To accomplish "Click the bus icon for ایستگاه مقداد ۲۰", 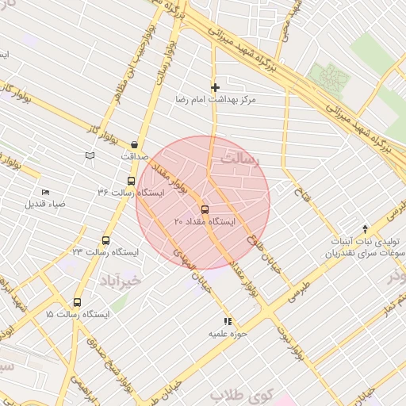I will [x=205, y=210].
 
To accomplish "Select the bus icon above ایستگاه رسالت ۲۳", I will [x=105, y=241].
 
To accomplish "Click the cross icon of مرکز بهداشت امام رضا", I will [x=215, y=87].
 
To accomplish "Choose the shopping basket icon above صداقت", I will [x=134, y=144].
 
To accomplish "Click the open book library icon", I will [x=90, y=155].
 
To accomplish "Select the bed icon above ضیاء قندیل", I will [x=45, y=192].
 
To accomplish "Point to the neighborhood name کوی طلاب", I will [x=241, y=394].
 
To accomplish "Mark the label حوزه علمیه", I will [x=228, y=335].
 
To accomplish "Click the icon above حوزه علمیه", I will [x=228, y=322].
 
